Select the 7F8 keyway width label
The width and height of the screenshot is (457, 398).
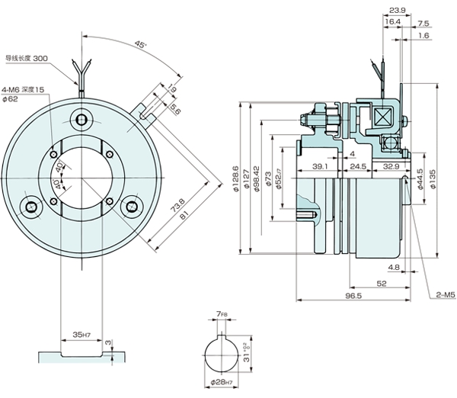222,313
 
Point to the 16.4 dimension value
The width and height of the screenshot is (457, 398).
393,23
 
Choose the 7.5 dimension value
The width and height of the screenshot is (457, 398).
423,23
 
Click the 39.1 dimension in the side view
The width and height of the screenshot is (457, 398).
321,166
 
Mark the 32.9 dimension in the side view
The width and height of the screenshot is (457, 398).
391,166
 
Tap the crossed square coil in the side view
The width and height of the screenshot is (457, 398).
381,116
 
